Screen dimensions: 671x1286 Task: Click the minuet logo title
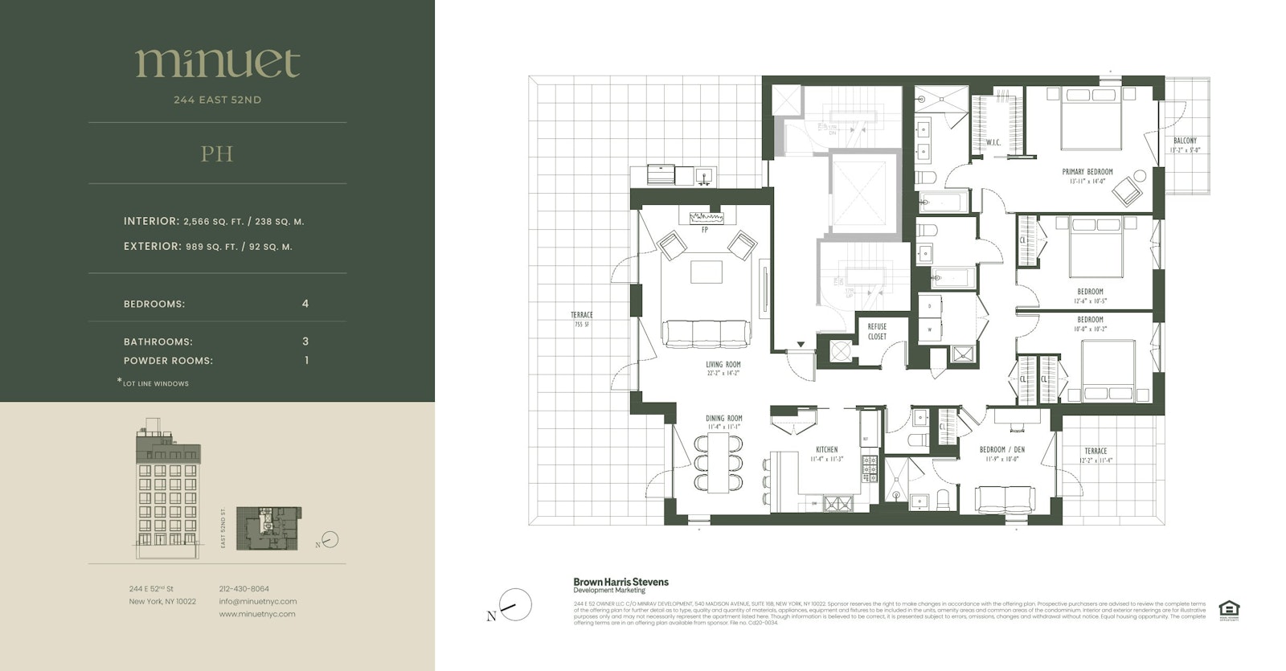pos(217,63)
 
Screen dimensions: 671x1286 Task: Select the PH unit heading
pos(217,153)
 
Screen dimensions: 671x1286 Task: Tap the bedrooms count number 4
pos(305,304)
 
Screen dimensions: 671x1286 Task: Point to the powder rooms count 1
pos(306,360)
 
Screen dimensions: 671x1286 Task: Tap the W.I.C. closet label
pos(993,143)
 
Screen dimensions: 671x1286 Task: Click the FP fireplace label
pos(705,231)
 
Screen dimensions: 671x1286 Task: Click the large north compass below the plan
pos(515,604)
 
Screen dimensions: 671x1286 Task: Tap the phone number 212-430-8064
pos(244,589)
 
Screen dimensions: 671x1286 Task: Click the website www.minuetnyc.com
pos(257,614)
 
